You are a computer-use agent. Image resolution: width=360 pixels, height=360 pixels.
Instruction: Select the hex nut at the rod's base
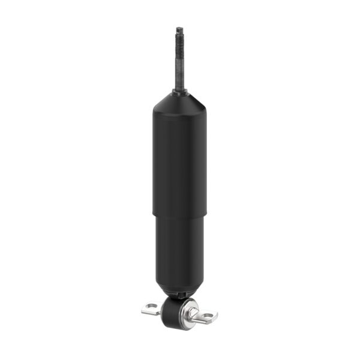179,91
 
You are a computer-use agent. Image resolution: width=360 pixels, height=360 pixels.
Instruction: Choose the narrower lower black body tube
179,252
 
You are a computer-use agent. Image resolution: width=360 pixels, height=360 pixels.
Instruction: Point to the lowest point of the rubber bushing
174,328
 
